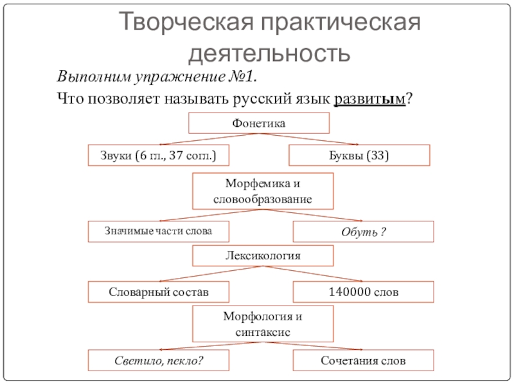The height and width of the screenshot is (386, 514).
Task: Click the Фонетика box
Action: tap(258, 123)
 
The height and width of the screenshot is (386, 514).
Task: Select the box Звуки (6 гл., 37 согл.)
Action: tap(158, 155)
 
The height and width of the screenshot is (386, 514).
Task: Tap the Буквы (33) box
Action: tap(359, 155)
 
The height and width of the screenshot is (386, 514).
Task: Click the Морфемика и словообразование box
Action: tap(263, 192)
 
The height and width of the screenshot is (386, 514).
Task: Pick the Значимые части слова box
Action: tap(158, 230)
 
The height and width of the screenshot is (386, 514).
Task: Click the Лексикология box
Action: tap(263, 256)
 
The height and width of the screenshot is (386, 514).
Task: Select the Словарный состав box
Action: tap(158, 292)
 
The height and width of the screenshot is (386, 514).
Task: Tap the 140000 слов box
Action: tap(363, 292)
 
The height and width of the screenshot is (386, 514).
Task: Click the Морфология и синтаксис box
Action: tap(263, 324)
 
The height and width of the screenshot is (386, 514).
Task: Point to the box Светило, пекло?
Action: tap(158, 360)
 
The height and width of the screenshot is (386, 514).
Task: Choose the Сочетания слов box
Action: tap(363, 360)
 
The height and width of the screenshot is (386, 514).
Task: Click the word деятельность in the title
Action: tap(269, 51)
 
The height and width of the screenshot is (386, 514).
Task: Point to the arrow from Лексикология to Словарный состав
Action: tap(212, 274)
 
